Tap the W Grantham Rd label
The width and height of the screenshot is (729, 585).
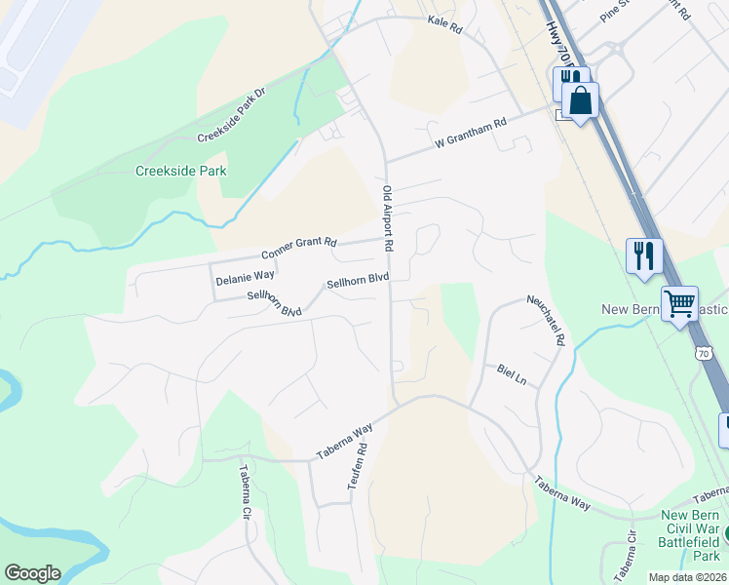pyautogui.click(x=471, y=134)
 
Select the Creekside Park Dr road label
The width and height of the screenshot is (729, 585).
pyautogui.click(x=231, y=114)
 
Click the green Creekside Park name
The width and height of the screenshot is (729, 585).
pyautogui.click(x=180, y=171)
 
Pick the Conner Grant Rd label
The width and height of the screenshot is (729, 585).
pyautogui.click(x=298, y=249)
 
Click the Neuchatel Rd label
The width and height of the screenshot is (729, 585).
pyautogui.click(x=546, y=321)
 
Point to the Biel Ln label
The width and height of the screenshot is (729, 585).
pyautogui.click(x=511, y=372)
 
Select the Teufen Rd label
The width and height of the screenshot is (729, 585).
pyautogui.click(x=363, y=468)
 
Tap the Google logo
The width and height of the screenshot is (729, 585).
pyautogui.click(x=32, y=573)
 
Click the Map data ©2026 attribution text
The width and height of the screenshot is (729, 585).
pyautogui.click(x=686, y=577)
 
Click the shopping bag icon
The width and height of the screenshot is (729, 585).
pyautogui.click(x=580, y=99)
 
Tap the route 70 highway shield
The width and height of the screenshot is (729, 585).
pyautogui.click(x=705, y=354)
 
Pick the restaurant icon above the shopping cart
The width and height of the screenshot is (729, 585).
pyautogui.click(x=644, y=255)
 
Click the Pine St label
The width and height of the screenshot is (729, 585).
pyautogui.click(x=617, y=11)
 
